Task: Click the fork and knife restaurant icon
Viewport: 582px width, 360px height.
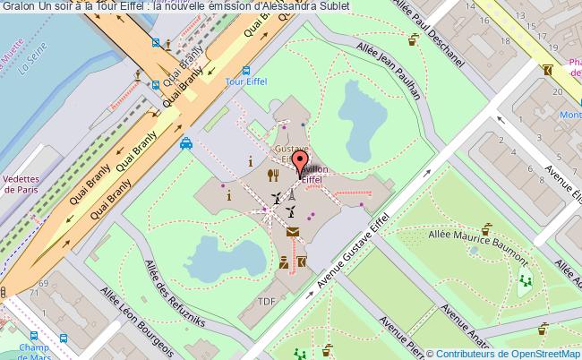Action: point(271,175)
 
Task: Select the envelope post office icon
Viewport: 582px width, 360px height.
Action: point(293,233)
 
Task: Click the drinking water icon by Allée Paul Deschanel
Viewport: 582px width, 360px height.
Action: point(413,39)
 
